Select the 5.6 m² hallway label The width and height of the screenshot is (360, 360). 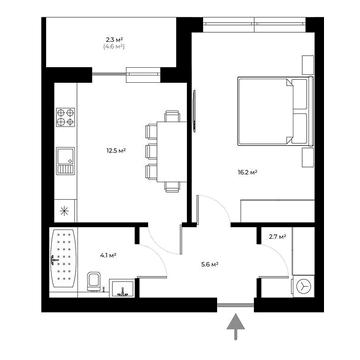pos(209,264)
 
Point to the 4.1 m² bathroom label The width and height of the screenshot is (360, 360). pos(107,257)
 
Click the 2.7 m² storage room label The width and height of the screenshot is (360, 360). pos(278,236)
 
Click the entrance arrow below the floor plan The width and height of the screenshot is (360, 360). pos(236,324)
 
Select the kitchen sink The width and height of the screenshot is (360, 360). pos(66,156)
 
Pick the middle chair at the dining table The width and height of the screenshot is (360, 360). pos(151,151)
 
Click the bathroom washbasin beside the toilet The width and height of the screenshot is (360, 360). pos(121,290)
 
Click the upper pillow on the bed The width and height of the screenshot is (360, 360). pos(297,99)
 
